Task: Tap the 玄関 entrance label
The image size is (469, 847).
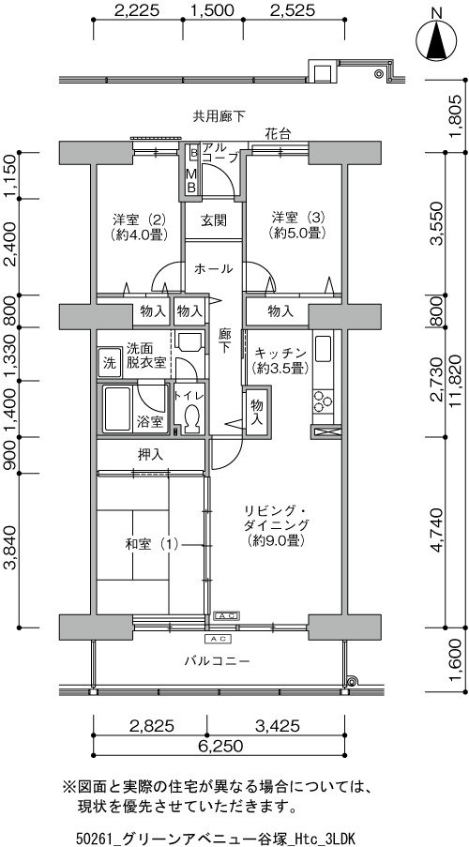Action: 214,220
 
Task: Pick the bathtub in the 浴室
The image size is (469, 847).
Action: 117,409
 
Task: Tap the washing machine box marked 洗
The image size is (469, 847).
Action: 110,363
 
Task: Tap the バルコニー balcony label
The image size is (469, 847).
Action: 216,660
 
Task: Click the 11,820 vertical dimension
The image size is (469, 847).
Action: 457,390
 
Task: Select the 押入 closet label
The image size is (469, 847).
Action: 150,455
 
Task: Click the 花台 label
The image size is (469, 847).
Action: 278,134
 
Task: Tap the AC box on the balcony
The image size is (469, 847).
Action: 219,639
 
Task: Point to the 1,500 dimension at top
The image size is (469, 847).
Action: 212,10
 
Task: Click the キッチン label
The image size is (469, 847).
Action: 280,360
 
